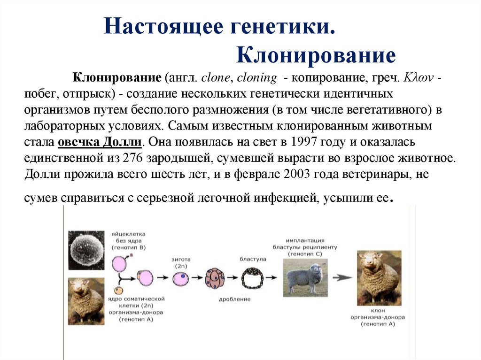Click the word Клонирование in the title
(316, 55)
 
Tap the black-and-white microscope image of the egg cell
(86, 250)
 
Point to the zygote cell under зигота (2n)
(181, 278)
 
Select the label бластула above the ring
(253, 259)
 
